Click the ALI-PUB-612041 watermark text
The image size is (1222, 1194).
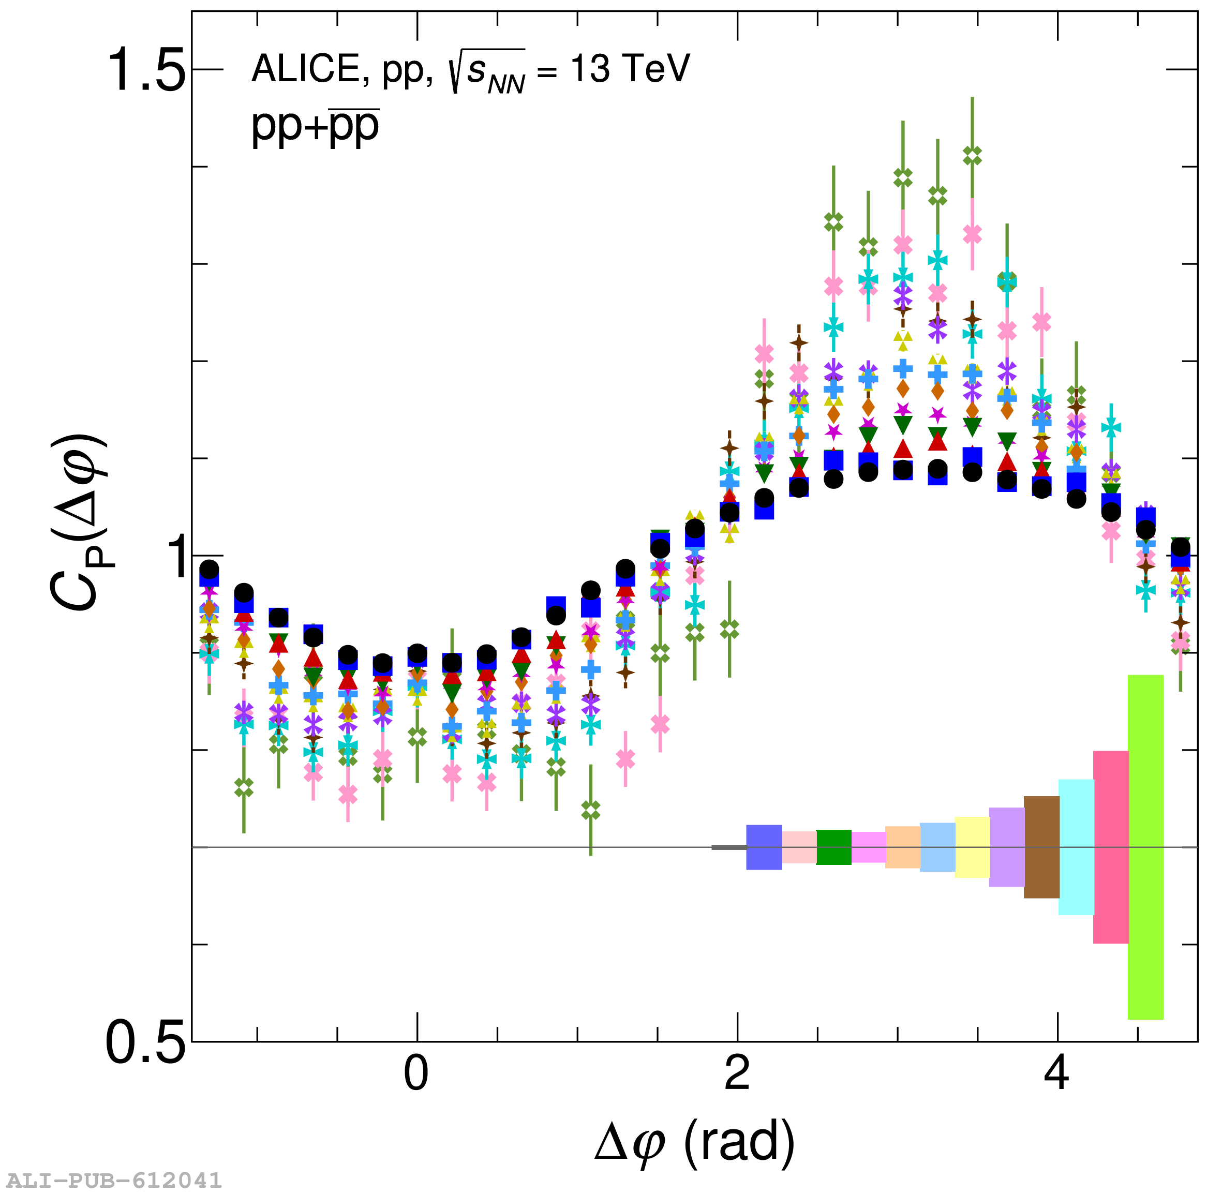coord(112,1180)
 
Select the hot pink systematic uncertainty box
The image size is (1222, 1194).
coord(1110,846)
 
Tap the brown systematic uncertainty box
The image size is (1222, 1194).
coord(1041,847)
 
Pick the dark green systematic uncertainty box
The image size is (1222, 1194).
coord(833,847)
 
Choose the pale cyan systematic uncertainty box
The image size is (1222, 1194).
coord(1076,847)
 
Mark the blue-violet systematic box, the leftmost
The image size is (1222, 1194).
coord(764,847)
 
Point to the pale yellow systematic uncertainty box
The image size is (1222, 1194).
coord(972,847)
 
